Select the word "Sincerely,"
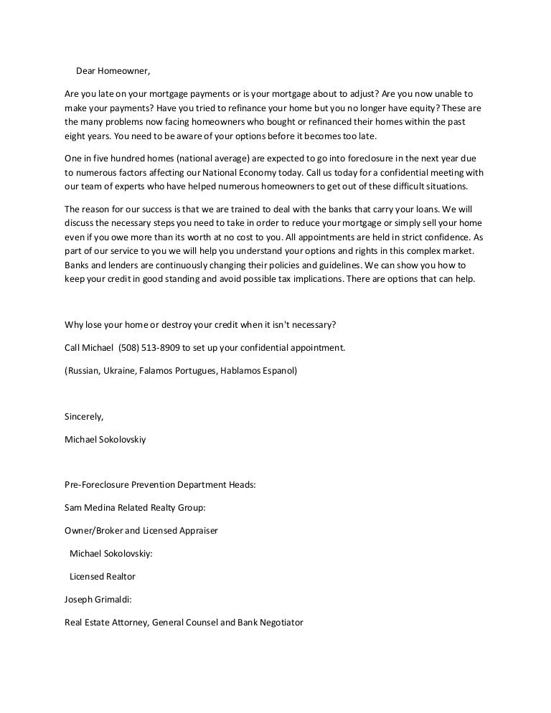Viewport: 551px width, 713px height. (84, 416)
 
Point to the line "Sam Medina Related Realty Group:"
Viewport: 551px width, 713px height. (135, 507)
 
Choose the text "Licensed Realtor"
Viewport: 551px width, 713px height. (102, 576)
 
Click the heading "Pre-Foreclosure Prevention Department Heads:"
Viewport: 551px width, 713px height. (160, 484)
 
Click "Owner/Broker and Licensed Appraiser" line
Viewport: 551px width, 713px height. (141, 530)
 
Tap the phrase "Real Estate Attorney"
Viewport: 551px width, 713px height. (105, 623)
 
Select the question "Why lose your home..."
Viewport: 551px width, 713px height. (200, 324)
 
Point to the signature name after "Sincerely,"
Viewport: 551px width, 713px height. (105, 439)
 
